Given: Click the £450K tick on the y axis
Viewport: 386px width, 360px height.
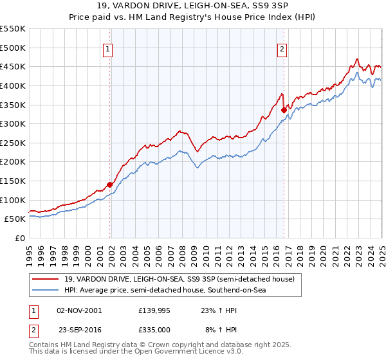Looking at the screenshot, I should pos(13,66).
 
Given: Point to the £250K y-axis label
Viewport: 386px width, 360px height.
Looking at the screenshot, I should pos(13,143).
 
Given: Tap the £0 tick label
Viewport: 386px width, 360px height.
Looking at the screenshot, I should pos(19,238).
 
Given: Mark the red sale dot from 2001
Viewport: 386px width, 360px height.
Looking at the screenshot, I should pos(109,184).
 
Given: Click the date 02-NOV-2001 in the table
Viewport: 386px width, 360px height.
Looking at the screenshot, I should pos(79,310).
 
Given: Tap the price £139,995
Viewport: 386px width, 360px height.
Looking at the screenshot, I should pos(153,310).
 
